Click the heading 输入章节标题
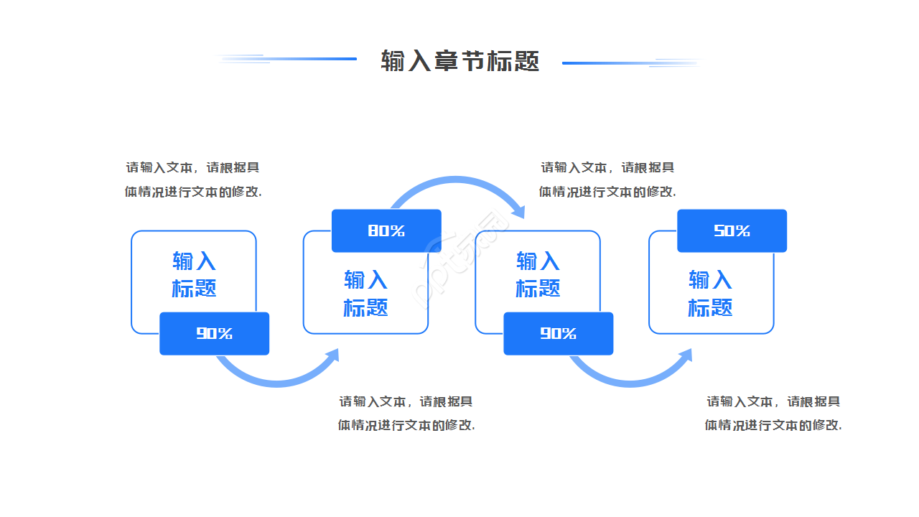click(459, 62)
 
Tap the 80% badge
click(386, 230)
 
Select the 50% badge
click(732, 230)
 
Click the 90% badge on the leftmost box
click(214, 333)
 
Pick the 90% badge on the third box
click(558, 333)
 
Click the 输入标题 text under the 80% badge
click(365, 293)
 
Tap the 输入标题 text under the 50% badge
click(710, 293)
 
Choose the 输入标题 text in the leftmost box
click(194, 274)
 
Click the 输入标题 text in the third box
click(538, 274)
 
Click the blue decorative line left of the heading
click(302, 59)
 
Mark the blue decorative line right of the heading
click(617, 63)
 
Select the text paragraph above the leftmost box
click(193, 180)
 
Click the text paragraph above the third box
click(607, 180)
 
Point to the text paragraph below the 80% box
click(406, 413)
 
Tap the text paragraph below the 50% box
click(773, 413)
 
